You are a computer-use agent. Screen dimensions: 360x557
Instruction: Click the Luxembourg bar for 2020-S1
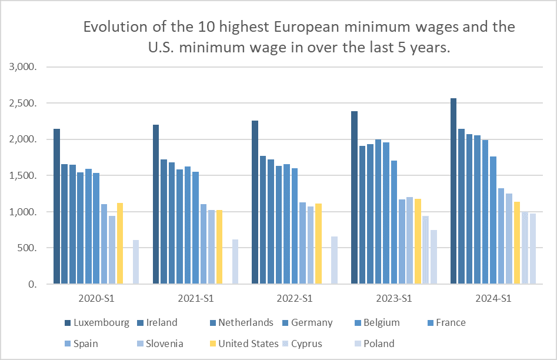coord(56,206)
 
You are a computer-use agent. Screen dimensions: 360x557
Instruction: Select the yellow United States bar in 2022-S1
coord(318,244)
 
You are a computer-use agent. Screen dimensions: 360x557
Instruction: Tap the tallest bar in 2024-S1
coord(453,191)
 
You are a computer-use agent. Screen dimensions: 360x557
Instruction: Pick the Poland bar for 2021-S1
coord(235,262)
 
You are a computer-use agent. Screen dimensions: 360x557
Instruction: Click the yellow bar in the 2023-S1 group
coord(418,242)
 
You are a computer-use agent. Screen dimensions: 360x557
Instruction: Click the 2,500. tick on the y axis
coord(24,104)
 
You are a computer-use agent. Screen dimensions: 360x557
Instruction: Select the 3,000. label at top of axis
coord(24,67)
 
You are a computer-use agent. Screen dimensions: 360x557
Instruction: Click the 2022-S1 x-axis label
coord(294,299)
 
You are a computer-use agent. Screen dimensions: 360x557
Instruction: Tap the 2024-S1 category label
coord(493,299)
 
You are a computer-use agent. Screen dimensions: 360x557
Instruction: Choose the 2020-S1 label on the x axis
coord(96,299)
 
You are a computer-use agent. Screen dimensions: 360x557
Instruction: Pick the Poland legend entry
coord(379,344)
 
